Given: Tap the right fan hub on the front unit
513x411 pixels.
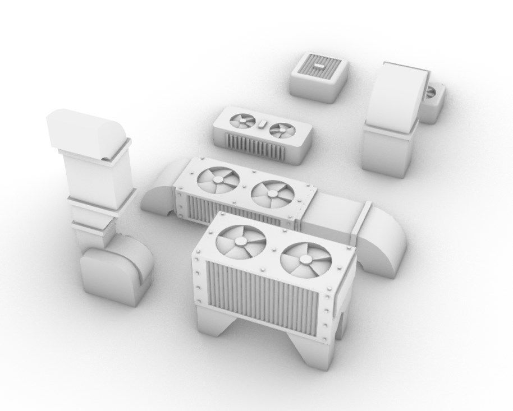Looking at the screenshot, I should point(306,261).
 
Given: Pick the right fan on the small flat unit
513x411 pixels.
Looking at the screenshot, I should point(282,131).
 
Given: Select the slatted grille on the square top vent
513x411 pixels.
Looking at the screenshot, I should point(318,68).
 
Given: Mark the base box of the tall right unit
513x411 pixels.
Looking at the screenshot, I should point(387,152).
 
